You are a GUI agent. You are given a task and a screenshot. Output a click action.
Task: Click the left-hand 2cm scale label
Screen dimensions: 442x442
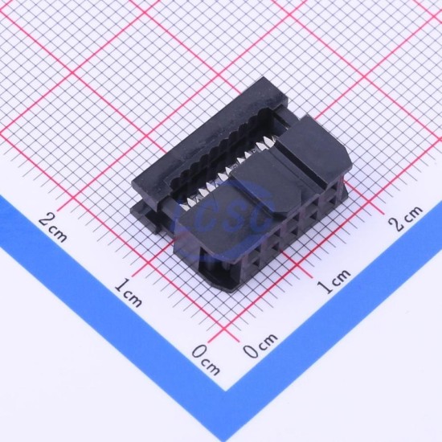tap(53, 227)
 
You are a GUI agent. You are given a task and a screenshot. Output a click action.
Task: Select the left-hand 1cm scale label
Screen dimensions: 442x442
tap(129, 293)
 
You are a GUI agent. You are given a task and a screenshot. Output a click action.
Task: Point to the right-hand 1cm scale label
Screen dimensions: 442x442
tap(334, 281)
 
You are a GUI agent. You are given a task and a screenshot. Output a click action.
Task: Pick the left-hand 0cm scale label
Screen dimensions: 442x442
tap(206, 360)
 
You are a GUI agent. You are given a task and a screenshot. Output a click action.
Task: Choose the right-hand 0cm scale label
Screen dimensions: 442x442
tap(260, 346)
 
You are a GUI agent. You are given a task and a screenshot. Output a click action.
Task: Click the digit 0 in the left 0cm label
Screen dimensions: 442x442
tap(198, 352)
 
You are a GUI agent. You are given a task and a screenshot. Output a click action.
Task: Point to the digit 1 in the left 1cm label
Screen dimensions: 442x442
tap(121, 285)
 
